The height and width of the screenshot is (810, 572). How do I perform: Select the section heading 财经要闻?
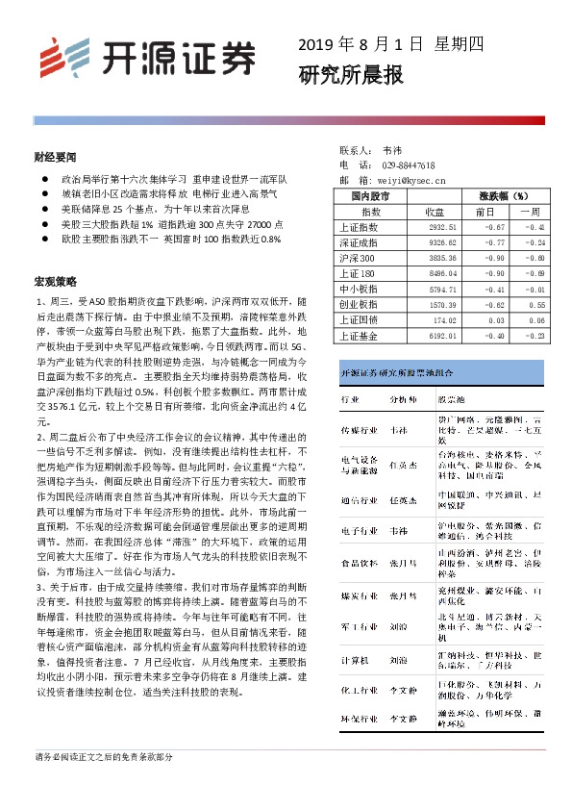click(54, 155)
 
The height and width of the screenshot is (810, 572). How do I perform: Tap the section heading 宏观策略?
click(54, 282)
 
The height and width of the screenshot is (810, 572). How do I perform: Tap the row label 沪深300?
click(358, 259)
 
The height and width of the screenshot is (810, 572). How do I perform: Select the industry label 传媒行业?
click(358, 430)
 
